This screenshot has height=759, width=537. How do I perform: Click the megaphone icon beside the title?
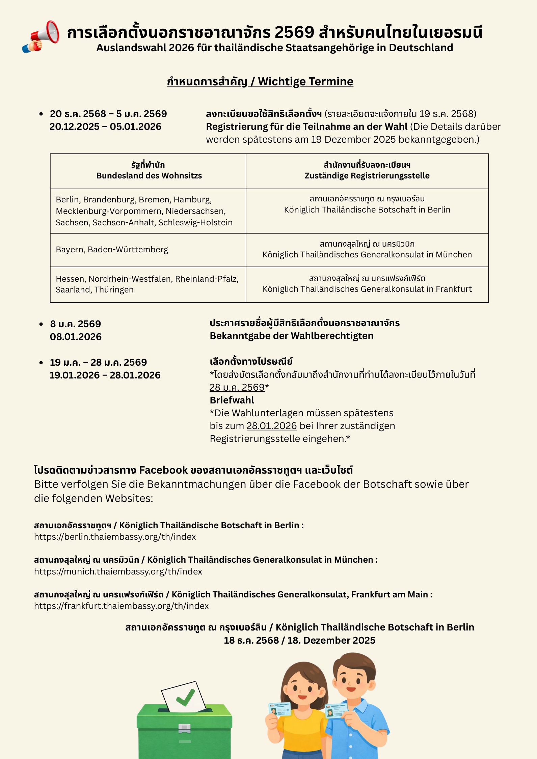coord(42,36)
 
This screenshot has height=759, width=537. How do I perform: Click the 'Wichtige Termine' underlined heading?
coord(305,82)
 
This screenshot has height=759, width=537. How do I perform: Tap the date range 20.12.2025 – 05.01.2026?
coord(105,127)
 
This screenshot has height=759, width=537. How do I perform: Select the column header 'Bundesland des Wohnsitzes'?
coord(149,176)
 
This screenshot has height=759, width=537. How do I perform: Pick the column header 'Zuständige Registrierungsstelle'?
coord(367,176)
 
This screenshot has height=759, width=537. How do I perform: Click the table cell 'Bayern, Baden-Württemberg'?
coord(112,250)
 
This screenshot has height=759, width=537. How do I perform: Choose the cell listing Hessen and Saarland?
coord(147,284)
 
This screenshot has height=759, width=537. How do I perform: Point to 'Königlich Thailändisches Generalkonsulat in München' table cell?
coord(367,255)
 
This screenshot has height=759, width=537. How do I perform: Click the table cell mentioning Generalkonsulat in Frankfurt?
coord(367,289)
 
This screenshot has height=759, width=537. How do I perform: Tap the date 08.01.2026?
coord(76,337)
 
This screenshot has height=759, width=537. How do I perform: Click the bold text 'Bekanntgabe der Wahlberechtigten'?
coord(291,336)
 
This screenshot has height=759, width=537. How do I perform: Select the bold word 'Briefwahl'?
coord(232,400)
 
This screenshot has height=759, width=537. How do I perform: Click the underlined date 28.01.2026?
coord(271,426)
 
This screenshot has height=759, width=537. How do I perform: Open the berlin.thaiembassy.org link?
coord(115,537)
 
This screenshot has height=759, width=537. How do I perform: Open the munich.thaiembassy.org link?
coord(118,571)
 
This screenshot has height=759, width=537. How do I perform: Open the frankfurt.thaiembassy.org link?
coord(121,606)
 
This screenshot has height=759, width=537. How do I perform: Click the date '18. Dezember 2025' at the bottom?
coord(331,640)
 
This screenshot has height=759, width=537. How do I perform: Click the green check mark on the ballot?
coord(185,698)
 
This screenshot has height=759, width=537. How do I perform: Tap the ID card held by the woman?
coord(280,709)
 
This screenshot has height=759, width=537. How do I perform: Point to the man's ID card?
coord(336,710)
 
